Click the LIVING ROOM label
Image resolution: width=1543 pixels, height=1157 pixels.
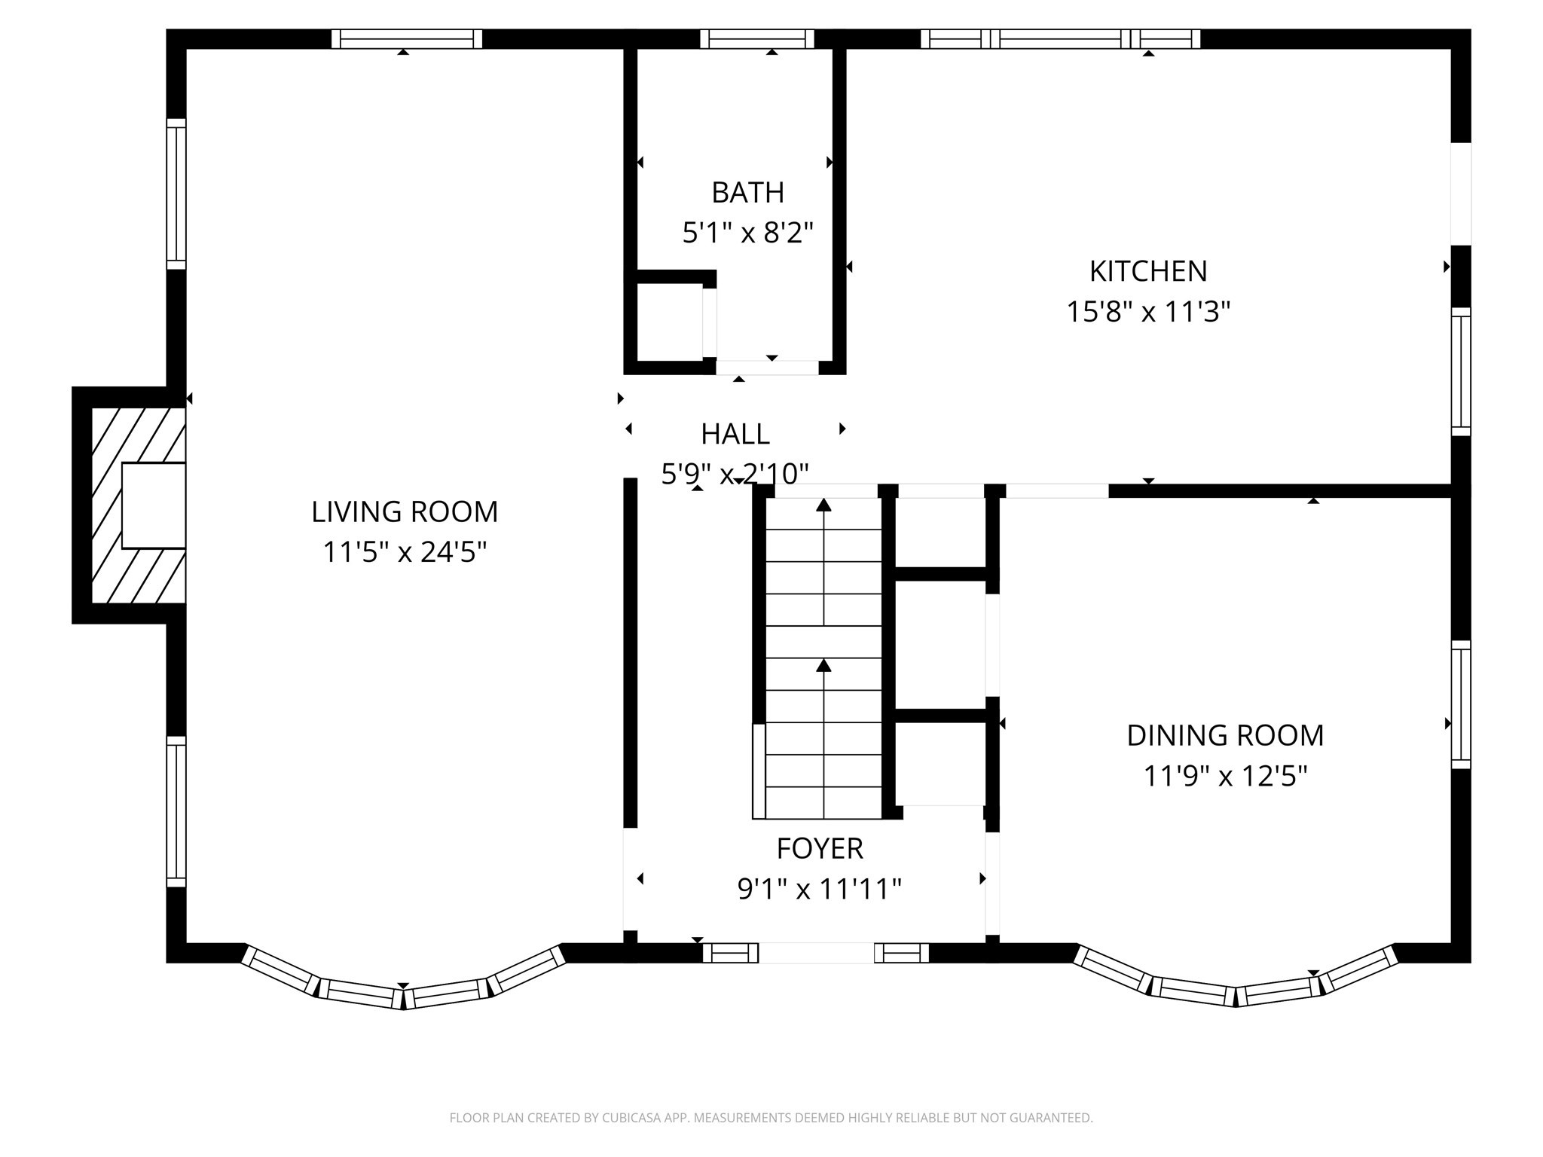(405, 512)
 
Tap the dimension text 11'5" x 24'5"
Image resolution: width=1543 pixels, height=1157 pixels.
(405, 553)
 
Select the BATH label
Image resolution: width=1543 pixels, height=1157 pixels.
(747, 193)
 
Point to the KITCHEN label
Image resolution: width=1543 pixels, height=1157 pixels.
(1147, 271)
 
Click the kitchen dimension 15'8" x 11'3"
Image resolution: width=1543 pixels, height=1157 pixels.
(1147, 312)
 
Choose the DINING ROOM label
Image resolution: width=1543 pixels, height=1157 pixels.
(1225, 736)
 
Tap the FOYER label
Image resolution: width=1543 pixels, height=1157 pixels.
(820, 849)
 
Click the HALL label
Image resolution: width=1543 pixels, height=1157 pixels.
(735, 435)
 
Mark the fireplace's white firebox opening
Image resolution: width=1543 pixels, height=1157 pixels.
(154, 505)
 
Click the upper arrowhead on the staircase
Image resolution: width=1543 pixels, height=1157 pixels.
(823, 505)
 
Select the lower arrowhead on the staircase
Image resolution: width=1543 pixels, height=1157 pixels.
(823, 665)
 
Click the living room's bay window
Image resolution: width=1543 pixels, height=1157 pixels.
(403, 988)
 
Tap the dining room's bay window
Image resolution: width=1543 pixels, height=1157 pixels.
(1236, 987)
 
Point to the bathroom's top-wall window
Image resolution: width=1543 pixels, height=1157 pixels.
(757, 38)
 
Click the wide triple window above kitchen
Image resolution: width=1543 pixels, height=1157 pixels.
(1060, 38)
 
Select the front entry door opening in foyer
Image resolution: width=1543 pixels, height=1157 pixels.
(816, 953)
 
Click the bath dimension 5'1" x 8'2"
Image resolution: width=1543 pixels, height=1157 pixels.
(747, 233)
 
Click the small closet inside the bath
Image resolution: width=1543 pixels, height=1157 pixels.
(669, 323)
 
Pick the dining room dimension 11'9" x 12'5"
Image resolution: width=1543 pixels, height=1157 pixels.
(1225, 776)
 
